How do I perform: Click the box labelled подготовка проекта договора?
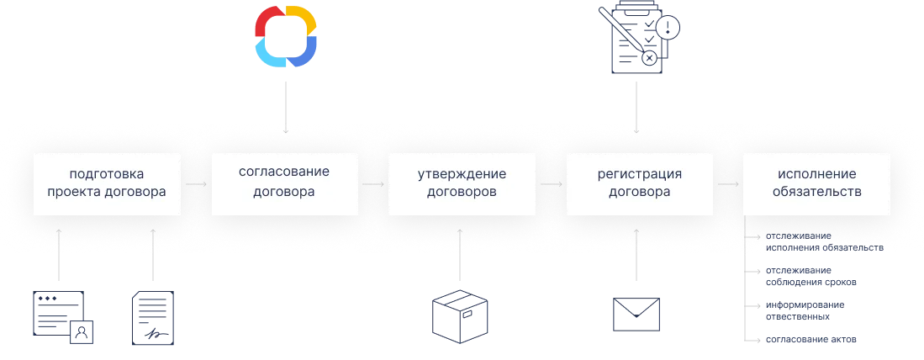pyautogui.click(x=107, y=183)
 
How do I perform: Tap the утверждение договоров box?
pyautogui.click(x=462, y=183)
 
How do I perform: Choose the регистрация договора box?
pyautogui.click(x=639, y=183)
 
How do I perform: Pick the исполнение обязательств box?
pyautogui.click(x=816, y=183)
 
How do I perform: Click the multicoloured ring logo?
pyautogui.click(x=287, y=35)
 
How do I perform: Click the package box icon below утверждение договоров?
pyautogui.click(x=461, y=319)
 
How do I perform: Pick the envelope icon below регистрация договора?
pyautogui.click(x=638, y=315)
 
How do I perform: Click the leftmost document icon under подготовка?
pyautogui.click(x=60, y=318)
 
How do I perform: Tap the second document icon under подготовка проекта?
pyautogui.click(x=151, y=318)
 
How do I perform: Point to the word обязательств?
pyautogui.click(x=816, y=192)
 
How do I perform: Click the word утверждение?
pyautogui.click(x=462, y=175)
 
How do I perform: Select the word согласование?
pyautogui.click(x=283, y=172)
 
